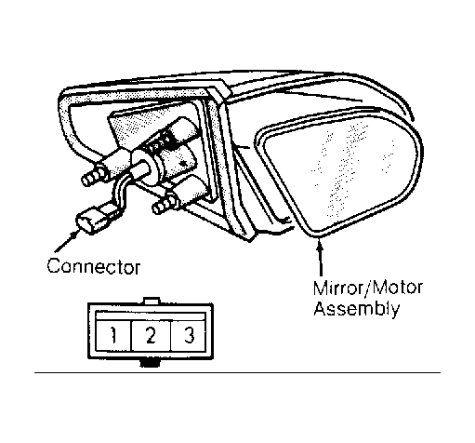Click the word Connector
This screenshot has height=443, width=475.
pyautogui.click(x=94, y=266)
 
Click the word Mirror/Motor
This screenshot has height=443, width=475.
pyautogui.click(x=368, y=288)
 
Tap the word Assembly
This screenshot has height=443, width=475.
pyautogui.click(x=356, y=309)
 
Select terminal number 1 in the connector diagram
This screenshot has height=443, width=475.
pyautogui.click(x=113, y=335)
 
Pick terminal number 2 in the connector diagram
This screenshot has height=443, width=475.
pyautogui.click(x=151, y=335)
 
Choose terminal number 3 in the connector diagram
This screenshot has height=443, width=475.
pyautogui.click(x=189, y=335)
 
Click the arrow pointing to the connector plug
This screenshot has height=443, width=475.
pyautogui.click(x=66, y=241)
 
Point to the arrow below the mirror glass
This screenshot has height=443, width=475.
pyautogui.click(x=320, y=257)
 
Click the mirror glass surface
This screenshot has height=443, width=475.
pyautogui.click(x=342, y=170)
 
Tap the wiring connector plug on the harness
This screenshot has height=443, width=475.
pyautogui.click(x=93, y=219)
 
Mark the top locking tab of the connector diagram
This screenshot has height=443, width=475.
pyautogui.click(x=152, y=301)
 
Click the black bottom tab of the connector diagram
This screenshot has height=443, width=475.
pyautogui.click(x=150, y=363)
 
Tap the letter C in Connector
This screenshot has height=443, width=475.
pyautogui.click(x=54, y=266)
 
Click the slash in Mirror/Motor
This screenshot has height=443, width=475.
pyautogui.click(x=367, y=288)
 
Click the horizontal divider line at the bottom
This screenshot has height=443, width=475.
pyautogui.click(x=237, y=372)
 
